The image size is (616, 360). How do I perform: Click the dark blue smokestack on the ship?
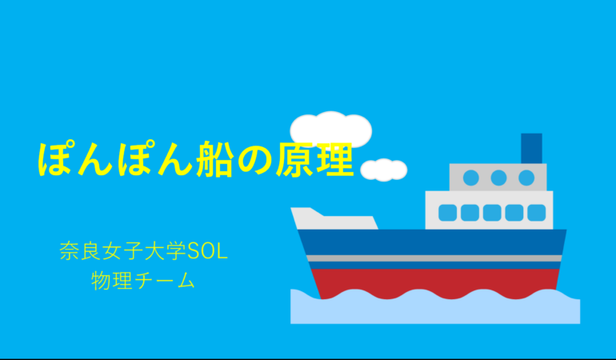pyautogui.click(x=531, y=148)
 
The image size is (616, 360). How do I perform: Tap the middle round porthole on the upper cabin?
pyautogui.click(x=498, y=178)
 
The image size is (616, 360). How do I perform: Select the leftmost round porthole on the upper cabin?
pyautogui.click(x=471, y=178)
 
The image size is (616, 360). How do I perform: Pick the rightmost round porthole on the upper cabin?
pyautogui.click(x=526, y=178)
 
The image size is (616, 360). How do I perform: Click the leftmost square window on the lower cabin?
pyautogui.click(x=447, y=213)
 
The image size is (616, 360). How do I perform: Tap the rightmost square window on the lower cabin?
pyautogui.click(x=537, y=213)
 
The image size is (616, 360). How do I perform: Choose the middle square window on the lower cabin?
pyautogui.click(x=492, y=213)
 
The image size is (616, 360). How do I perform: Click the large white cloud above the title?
pyautogui.click(x=330, y=130)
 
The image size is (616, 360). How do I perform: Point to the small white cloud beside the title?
pyautogui.click(x=384, y=170)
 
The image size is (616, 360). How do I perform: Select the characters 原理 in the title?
pyautogui.click(x=314, y=159)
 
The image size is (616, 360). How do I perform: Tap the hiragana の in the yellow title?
pyautogui.click(x=254, y=160)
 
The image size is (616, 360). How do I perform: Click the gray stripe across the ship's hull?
pyautogui.click(x=434, y=258)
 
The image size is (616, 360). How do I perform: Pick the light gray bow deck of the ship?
pyautogui.click(x=334, y=219)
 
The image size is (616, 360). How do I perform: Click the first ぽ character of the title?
pyautogui.click(x=57, y=159)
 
